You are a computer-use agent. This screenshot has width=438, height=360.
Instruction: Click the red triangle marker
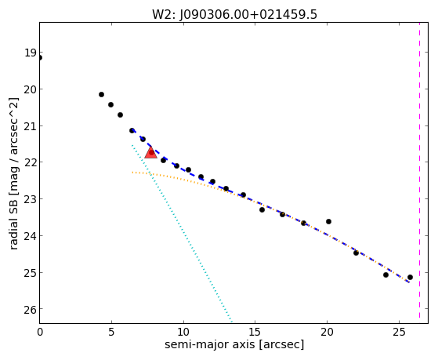(151, 152)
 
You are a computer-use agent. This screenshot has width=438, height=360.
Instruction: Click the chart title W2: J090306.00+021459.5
(234, 14)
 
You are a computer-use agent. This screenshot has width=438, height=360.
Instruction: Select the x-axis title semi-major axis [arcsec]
(234, 344)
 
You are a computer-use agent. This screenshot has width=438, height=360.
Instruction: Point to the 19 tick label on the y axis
(31, 53)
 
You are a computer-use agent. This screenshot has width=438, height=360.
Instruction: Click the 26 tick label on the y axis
(31, 309)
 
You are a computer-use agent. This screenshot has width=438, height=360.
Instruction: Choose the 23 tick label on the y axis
(31, 199)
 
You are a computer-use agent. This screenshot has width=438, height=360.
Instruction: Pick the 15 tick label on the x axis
(255, 333)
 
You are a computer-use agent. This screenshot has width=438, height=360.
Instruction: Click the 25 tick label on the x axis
(399, 333)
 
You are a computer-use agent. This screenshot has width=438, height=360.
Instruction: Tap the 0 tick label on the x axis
(40, 333)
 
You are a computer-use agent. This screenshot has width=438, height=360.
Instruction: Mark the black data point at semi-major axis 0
(40, 58)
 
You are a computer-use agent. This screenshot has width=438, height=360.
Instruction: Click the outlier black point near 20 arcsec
(328, 221)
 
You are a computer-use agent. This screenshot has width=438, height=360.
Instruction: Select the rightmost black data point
(410, 277)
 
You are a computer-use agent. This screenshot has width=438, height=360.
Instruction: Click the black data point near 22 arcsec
(356, 253)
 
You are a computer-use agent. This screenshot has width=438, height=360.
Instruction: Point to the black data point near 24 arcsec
(386, 275)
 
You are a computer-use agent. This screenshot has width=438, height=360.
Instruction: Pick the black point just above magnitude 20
(101, 95)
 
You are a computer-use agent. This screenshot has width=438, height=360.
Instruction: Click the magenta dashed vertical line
(419, 170)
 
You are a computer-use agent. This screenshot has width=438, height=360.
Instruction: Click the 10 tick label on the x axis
(183, 333)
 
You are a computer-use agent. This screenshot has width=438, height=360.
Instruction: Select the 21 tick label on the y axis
(31, 125)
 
